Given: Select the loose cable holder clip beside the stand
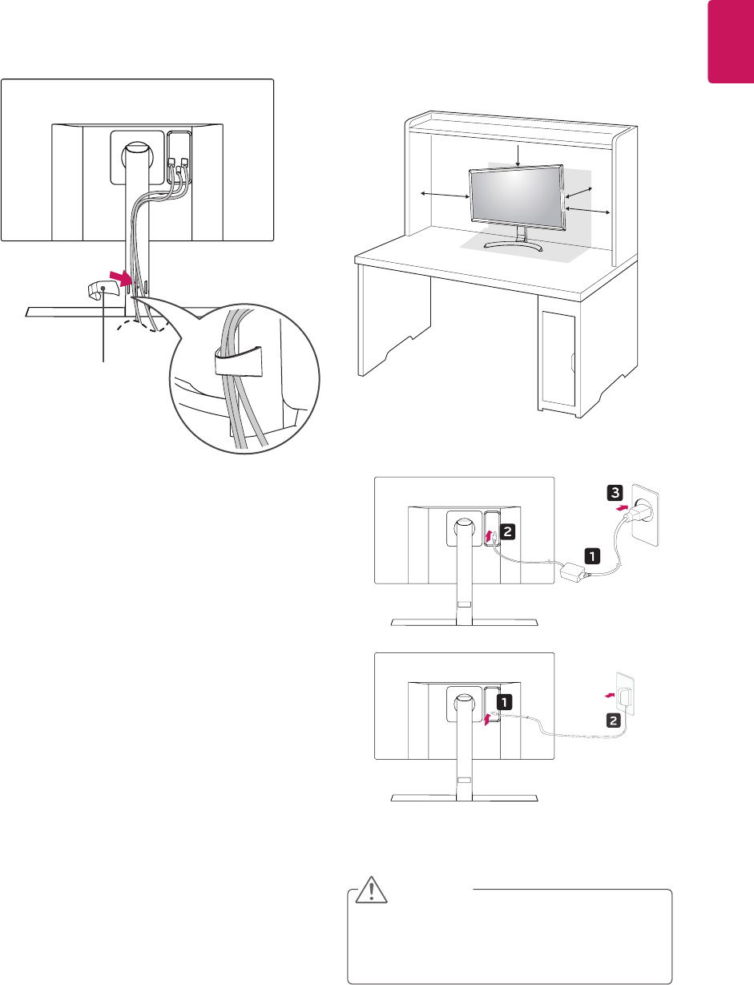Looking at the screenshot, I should point(101,291).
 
